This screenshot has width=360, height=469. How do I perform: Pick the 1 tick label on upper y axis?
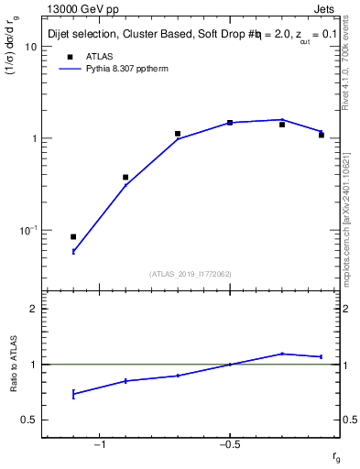(33, 138)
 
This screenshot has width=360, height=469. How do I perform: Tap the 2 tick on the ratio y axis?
(33, 309)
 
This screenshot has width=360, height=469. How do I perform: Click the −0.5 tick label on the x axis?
(227, 444)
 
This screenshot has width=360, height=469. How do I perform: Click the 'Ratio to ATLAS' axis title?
(15, 363)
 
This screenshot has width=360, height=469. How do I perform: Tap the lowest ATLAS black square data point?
(73, 236)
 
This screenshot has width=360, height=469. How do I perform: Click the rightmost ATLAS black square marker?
(322, 135)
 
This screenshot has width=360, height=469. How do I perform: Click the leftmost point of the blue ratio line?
(73, 394)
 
